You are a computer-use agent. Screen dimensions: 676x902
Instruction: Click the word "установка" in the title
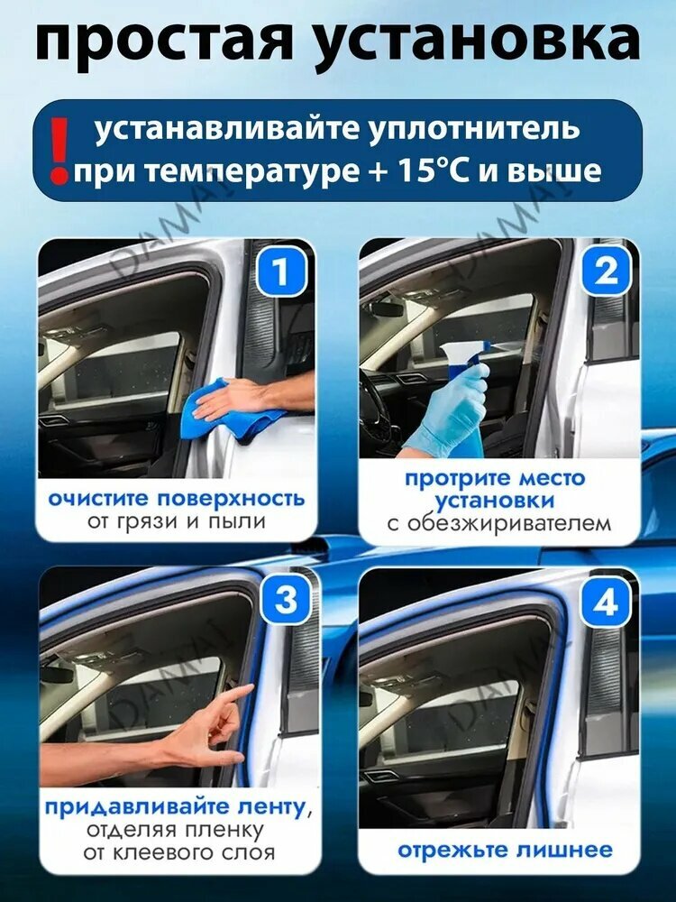point(479,45)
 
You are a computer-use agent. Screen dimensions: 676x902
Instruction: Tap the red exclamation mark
point(59,151)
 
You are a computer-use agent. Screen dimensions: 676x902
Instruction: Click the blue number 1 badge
point(280,272)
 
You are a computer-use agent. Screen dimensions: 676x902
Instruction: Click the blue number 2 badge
point(606,271)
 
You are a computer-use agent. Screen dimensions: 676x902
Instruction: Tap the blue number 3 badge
point(286,601)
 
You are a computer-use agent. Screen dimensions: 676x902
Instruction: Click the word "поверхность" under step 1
point(231,499)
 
